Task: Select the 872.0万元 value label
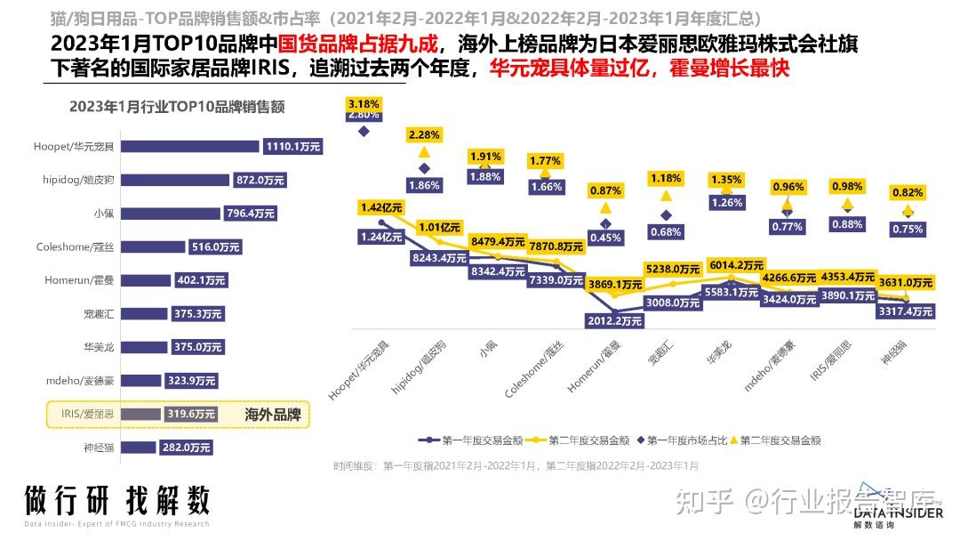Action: pos(261,180)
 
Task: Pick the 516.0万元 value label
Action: pos(213,246)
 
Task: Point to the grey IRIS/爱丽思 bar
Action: pos(140,414)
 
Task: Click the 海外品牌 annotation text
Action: pos(273,415)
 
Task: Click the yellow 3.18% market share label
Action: pos(364,104)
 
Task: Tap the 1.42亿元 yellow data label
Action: pos(381,207)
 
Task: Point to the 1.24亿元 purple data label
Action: pos(381,237)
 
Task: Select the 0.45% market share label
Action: pos(605,238)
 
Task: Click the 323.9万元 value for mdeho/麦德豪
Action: pos(191,381)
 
